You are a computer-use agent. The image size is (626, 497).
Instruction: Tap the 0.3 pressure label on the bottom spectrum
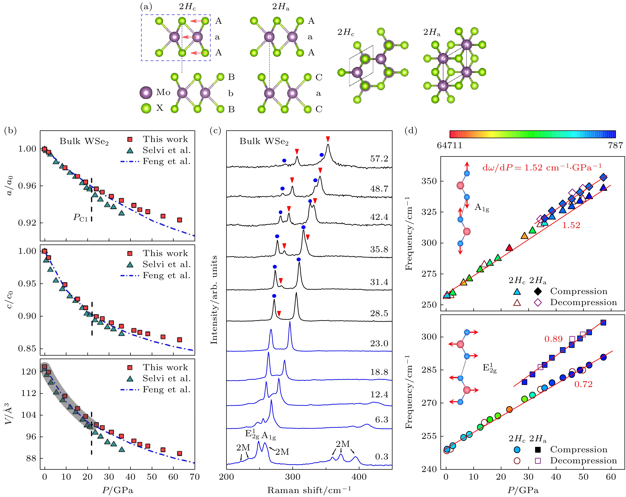(381, 457)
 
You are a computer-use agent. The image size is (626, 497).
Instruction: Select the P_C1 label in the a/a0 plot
(80, 217)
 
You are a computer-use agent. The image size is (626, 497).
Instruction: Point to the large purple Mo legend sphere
(146, 93)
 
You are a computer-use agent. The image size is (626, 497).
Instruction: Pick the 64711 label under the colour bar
(449, 145)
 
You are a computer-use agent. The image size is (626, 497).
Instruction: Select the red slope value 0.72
(583, 384)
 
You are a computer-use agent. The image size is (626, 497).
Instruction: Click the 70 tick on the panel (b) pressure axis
(195, 477)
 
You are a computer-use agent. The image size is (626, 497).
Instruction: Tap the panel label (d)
(411, 131)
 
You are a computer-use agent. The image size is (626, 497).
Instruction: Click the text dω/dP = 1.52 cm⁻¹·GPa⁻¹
(542, 167)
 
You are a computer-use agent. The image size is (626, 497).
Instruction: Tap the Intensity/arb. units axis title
(214, 300)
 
